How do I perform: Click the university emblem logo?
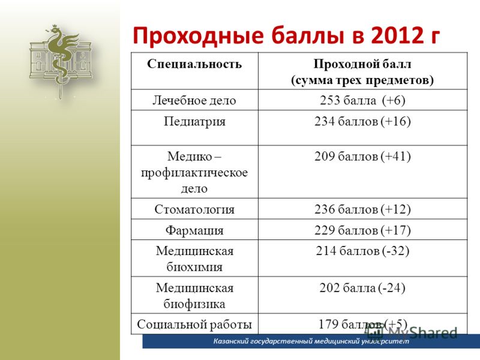(x=61, y=59)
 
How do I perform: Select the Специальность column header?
(x=194, y=64)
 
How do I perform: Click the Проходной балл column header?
(x=362, y=72)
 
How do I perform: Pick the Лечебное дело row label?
(x=194, y=100)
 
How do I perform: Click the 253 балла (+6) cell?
(x=362, y=100)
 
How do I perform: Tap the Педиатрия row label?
(x=194, y=122)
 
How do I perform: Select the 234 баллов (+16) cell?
(x=362, y=122)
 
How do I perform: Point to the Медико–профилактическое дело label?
(x=194, y=172)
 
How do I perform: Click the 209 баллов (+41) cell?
(x=362, y=157)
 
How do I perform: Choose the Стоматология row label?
(x=194, y=209)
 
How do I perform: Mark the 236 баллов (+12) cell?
(x=362, y=209)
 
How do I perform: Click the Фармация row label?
(x=194, y=230)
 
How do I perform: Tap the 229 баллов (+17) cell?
(x=362, y=230)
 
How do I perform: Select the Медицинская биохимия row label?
(x=194, y=259)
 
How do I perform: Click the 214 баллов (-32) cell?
(x=362, y=251)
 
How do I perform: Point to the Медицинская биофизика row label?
(x=194, y=296)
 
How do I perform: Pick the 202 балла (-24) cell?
(x=362, y=288)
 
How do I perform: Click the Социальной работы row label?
(x=194, y=324)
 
